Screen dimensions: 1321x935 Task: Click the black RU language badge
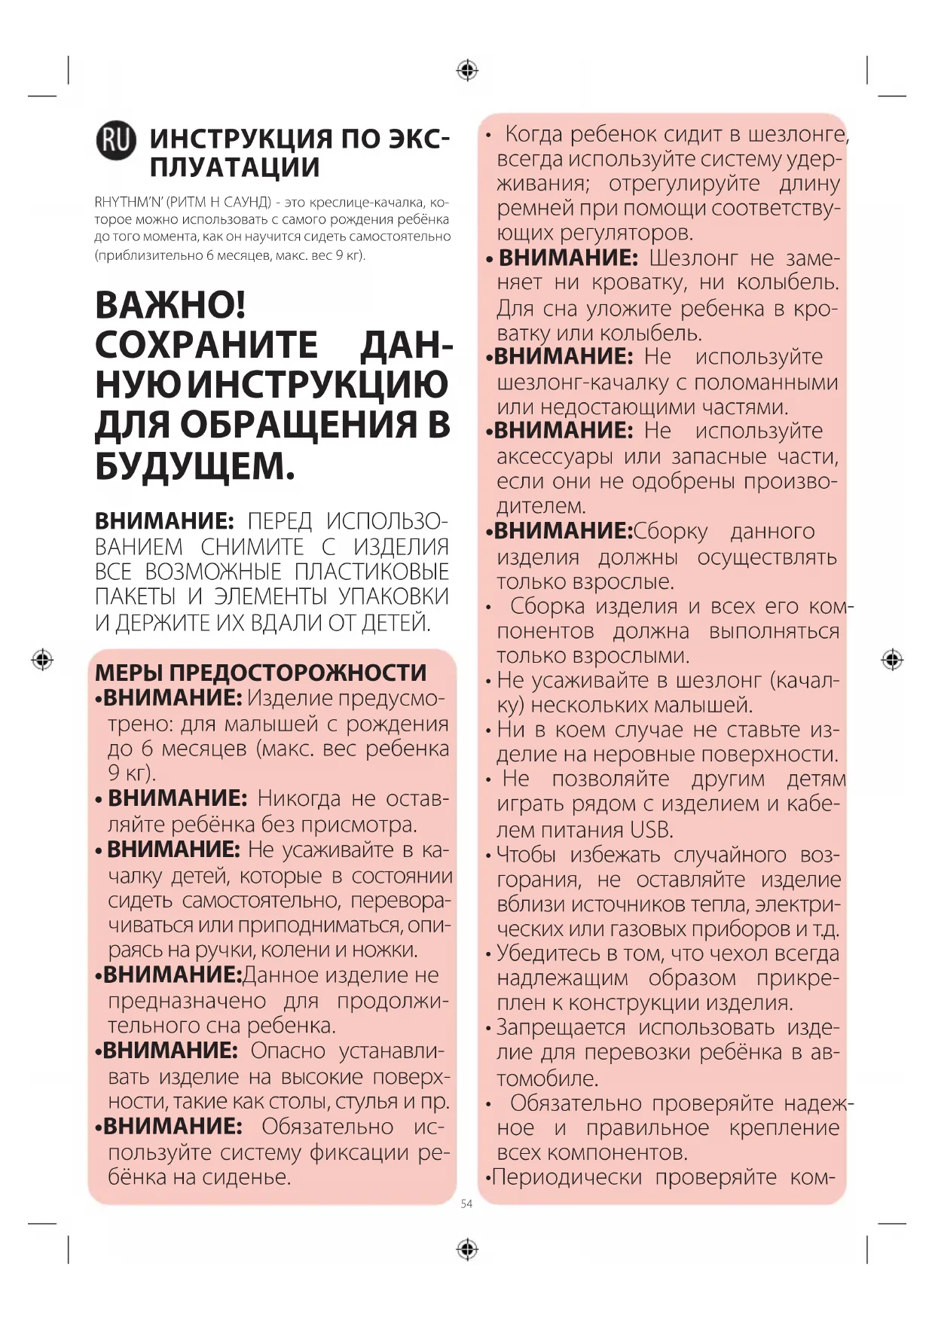pyautogui.click(x=116, y=140)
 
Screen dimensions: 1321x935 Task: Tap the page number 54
pyautogui.click(x=466, y=1204)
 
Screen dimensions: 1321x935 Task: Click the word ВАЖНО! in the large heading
pyautogui.click(x=170, y=305)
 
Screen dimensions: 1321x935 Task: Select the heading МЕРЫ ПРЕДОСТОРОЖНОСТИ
pyautogui.click(x=261, y=672)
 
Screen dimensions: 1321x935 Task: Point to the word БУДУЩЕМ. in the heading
pyautogui.click(x=194, y=466)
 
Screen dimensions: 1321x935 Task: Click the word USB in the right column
pyautogui.click(x=651, y=830)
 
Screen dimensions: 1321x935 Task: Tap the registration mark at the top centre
pyautogui.click(x=467, y=71)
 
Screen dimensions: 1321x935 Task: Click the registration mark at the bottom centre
pyautogui.click(x=467, y=1249)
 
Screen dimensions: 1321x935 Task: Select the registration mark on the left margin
pyautogui.click(x=42, y=660)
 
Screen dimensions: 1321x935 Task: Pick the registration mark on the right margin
pyautogui.click(x=892, y=660)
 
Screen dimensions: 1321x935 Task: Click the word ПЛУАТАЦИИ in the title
pyautogui.click(x=234, y=167)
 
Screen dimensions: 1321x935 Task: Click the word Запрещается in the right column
pyautogui.click(x=561, y=1028)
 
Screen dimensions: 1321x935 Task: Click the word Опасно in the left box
pyautogui.click(x=289, y=1051)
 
